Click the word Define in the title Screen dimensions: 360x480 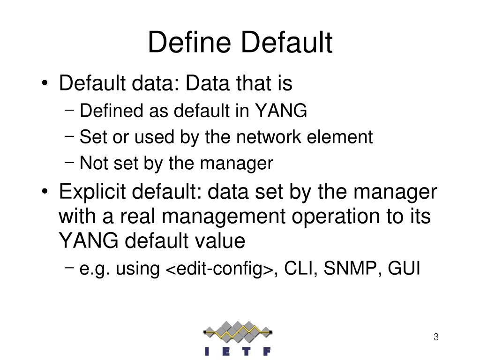point(190,43)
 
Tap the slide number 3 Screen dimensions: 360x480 point(436,337)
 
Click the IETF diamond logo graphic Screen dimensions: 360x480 point(238,332)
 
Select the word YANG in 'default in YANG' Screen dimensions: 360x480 point(281,111)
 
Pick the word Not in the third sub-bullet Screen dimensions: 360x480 point(93,164)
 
